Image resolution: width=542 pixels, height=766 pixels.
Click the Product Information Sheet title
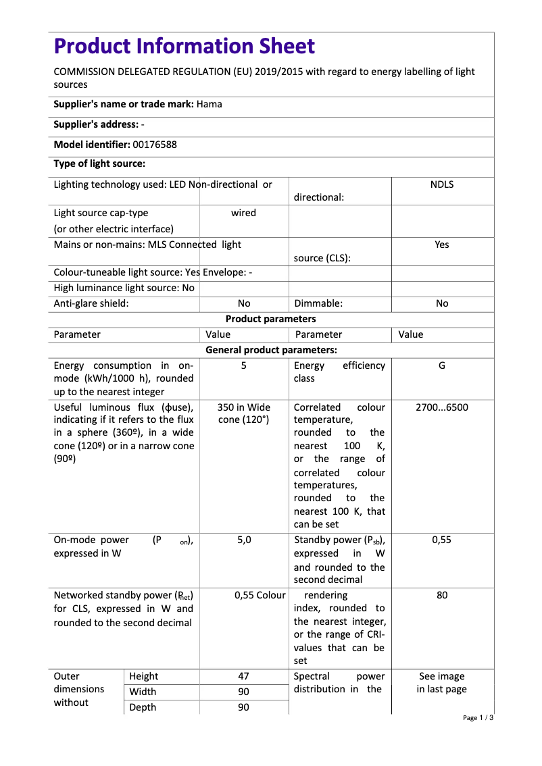(184, 47)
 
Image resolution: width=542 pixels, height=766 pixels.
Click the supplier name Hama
(210, 104)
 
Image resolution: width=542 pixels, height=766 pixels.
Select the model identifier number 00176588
(155, 145)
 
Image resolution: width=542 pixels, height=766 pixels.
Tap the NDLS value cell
(442, 184)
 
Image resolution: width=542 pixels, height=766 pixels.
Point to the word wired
(243, 213)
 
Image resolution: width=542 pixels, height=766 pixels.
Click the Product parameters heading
(270, 319)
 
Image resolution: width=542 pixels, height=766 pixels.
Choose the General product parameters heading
(270, 350)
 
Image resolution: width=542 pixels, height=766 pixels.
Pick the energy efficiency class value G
(442, 365)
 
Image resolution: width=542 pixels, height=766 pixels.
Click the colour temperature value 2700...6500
(442, 407)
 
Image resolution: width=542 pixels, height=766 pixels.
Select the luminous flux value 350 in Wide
(243, 407)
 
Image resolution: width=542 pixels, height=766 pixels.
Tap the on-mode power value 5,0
(243, 540)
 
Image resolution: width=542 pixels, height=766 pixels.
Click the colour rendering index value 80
(442, 595)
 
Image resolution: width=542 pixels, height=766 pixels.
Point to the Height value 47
(243, 676)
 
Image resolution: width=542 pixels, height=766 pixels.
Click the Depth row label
(142, 707)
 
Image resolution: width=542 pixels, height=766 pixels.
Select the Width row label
(142, 692)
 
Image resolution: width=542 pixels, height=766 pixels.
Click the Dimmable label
(318, 303)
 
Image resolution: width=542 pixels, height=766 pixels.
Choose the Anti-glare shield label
(91, 303)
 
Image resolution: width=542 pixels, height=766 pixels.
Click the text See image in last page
(442, 683)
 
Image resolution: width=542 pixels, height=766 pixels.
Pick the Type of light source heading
(99, 163)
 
